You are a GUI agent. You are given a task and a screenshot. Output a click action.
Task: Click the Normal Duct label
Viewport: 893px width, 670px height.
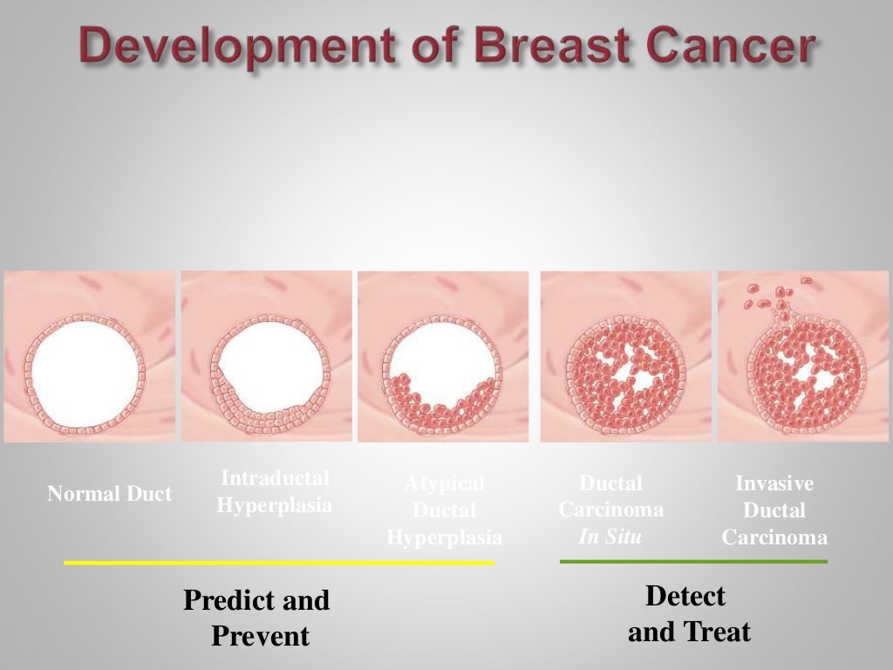coord(109,495)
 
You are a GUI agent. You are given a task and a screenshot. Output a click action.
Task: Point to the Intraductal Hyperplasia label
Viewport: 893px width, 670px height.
coord(275,492)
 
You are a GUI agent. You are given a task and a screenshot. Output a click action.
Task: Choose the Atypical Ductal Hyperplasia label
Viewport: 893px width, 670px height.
coord(444,510)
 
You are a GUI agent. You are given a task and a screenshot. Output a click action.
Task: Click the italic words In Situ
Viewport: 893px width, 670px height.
coord(610,537)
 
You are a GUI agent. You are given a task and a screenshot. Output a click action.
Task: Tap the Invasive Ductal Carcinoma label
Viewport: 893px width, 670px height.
coord(774,510)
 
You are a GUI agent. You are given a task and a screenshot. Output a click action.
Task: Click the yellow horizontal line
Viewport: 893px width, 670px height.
coord(279,563)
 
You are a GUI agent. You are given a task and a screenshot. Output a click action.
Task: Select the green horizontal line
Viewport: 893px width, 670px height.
coord(693,561)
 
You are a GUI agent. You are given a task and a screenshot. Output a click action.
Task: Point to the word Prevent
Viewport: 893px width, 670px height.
coord(260,637)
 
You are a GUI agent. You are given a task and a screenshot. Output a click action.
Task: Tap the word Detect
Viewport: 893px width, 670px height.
coord(685,597)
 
